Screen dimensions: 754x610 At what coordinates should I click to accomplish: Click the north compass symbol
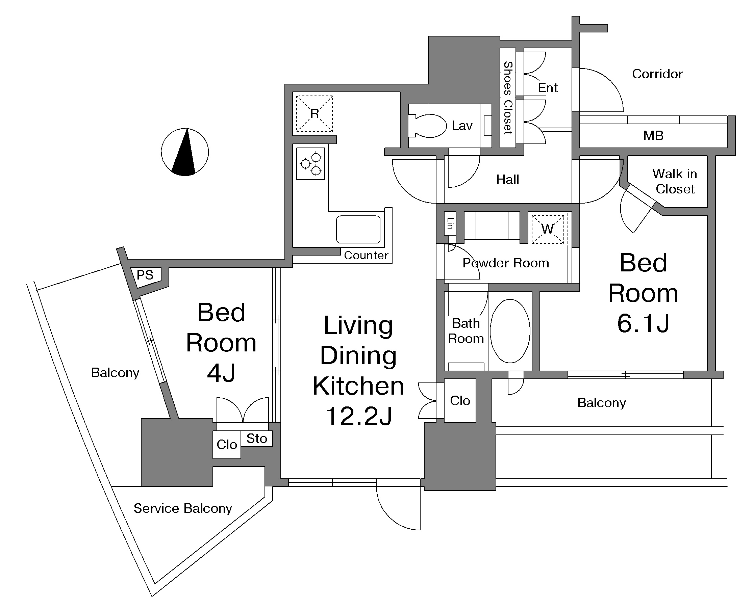point(185,152)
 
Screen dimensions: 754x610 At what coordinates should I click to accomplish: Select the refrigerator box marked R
point(315,113)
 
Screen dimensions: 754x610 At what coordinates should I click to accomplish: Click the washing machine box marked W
point(548,229)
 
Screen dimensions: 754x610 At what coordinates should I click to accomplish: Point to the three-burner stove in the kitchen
point(310,164)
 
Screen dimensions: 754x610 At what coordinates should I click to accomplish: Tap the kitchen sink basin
point(358,230)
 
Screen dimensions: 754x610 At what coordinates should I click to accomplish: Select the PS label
point(145,275)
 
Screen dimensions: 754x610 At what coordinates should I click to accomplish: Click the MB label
point(653,135)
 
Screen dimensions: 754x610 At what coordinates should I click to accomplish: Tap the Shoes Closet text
point(508,98)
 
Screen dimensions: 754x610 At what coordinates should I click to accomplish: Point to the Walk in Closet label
point(675,181)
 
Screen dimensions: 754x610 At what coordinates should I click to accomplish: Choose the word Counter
point(366,255)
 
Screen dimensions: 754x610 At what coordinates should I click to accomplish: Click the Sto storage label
point(257,439)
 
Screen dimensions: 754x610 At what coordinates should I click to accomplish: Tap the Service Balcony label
point(183,508)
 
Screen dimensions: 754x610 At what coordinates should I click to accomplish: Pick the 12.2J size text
point(359,416)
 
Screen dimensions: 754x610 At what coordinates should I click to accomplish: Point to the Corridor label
point(657,74)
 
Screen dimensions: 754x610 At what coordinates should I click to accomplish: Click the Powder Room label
point(506,263)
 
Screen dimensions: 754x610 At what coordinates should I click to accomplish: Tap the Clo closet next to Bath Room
point(460,401)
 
